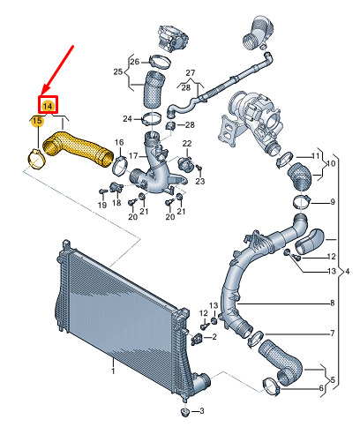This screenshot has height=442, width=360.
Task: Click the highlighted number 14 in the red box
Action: point(48,106)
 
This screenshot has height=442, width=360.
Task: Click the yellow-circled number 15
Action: point(37,121)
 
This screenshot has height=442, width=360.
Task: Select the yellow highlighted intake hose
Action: point(78,150)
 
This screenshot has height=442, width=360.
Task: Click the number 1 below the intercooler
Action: point(113,371)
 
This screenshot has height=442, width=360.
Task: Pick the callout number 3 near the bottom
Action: point(201,410)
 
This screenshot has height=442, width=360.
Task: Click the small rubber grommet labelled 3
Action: point(184,412)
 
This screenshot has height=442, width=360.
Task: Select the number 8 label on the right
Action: point(333,303)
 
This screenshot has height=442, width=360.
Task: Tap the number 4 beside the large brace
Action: point(348,271)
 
